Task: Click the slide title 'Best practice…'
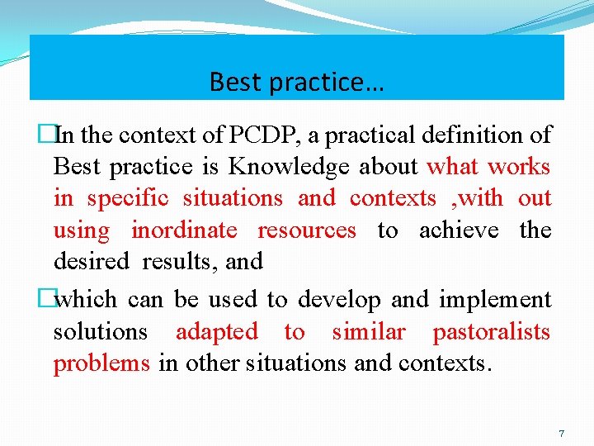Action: [296, 82]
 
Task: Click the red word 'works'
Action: [518, 167]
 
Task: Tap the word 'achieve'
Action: [459, 230]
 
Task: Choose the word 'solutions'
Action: [101, 332]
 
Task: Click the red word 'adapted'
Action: [217, 332]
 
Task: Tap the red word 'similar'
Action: [369, 332]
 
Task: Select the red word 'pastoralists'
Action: [492, 332]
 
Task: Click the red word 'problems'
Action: [101, 364]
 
